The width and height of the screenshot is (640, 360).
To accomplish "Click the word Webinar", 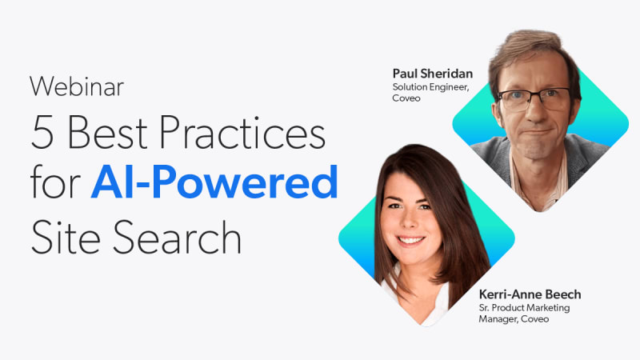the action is pyautogui.click(x=77, y=86).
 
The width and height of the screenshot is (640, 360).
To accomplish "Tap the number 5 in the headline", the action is pyautogui.click(x=42, y=132).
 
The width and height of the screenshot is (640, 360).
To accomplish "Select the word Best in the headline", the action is pyautogui.click(x=107, y=132).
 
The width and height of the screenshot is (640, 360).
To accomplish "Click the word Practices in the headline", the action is pyautogui.click(x=242, y=132).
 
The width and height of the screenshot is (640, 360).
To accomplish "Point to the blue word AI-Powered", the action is pyautogui.click(x=214, y=182).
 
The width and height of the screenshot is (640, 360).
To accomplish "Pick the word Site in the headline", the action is pyautogui.click(x=66, y=237).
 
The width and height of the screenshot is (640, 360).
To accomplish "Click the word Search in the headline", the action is pyautogui.click(x=177, y=237).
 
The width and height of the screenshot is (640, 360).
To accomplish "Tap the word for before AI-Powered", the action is pyautogui.click(x=55, y=182).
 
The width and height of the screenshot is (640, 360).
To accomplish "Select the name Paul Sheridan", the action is pyautogui.click(x=433, y=74).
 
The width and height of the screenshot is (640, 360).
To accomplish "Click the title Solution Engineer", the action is pyautogui.click(x=430, y=87).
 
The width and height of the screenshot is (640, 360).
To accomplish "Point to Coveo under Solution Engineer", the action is pyautogui.click(x=406, y=98).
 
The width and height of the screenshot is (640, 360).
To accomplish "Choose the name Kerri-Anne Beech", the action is pyautogui.click(x=530, y=294).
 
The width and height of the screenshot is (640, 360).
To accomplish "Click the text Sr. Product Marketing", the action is pyautogui.click(x=524, y=308).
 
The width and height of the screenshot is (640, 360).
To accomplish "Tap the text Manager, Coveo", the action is pyautogui.click(x=514, y=319).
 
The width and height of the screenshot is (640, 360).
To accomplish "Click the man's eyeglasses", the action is pyautogui.click(x=533, y=99).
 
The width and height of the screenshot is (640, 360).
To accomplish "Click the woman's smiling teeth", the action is pyautogui.click(x=410, y=240).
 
